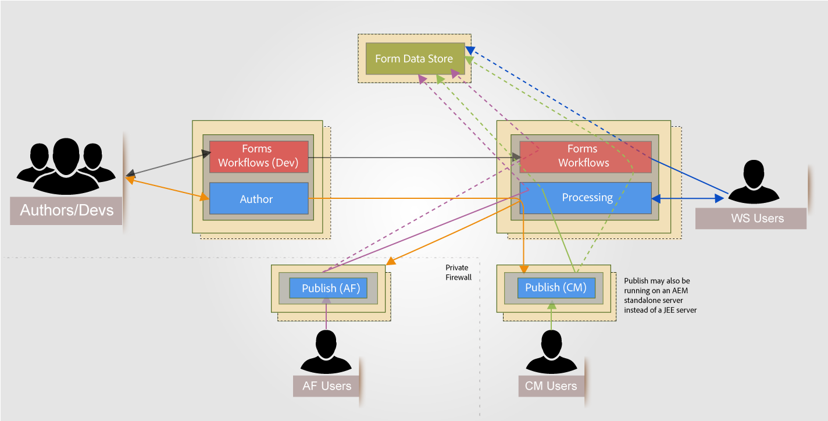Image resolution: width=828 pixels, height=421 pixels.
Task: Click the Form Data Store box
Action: tap(415, 59)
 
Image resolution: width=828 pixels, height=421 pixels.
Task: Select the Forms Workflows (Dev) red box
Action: tap(259, 156)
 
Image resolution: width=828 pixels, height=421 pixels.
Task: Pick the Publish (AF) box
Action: tap(331, 288)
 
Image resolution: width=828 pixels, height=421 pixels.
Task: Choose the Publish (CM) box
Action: tap(556, 287)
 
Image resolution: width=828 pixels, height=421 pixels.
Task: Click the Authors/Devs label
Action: tap(66, 210)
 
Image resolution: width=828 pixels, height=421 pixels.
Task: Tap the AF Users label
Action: tap(327, 386)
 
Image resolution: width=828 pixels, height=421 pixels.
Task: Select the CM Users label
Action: tap(551, 386)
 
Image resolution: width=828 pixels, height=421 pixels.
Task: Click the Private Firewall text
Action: tap(458, 273)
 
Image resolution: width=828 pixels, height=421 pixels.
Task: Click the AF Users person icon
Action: tap(327, 351)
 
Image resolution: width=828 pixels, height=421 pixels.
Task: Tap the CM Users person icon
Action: tap(551, 351)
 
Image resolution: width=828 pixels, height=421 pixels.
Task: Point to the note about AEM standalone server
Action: tap(660, 295)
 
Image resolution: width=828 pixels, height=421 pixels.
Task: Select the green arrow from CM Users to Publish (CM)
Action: tap(551, 317)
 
